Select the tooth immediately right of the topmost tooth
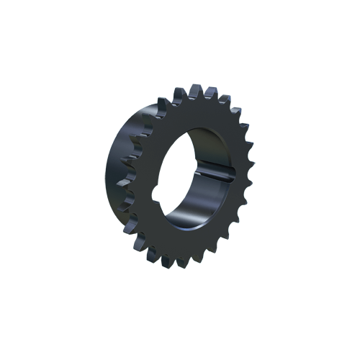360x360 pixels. tap(210, 93)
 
